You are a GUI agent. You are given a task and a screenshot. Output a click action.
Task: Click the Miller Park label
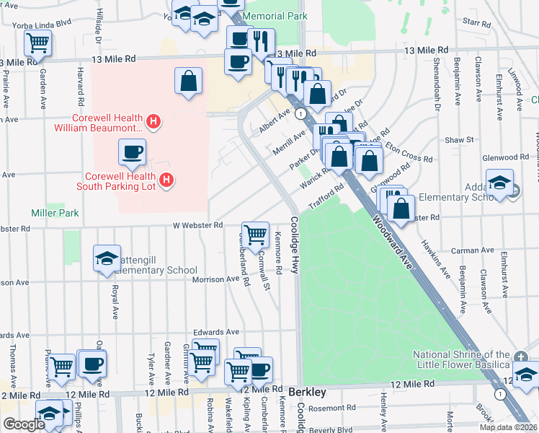[54, 213]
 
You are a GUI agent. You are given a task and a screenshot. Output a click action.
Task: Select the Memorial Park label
[275, 16]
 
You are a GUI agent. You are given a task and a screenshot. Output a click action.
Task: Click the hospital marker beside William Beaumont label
[153, 123]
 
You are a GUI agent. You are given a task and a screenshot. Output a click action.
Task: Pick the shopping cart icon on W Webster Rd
[255, 234]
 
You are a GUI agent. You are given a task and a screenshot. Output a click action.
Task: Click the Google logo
[24, 424]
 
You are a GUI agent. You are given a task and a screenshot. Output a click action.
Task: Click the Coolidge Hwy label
[295, 245]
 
